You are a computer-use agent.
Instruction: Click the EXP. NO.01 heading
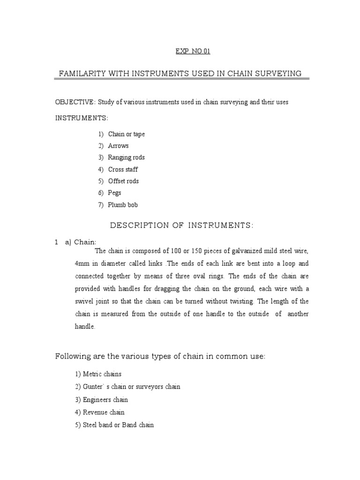tap(193, 52)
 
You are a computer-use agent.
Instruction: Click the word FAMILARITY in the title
tap(80, 74)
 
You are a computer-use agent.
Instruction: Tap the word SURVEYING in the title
tap(279, 74)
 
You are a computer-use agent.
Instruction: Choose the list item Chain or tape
tap(126, 134)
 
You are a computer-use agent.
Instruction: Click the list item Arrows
tap(118, 146)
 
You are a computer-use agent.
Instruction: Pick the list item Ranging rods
tap(126, 157)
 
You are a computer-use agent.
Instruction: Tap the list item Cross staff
tap(123, 169)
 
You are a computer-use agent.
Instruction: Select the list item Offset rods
tap(123, 181)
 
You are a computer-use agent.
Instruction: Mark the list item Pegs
tap(114, 193)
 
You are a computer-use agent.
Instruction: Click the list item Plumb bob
tap(123, 205)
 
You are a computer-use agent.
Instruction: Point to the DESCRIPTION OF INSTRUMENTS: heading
tap(181, 225)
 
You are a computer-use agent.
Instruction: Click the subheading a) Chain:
tap(81, 242)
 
